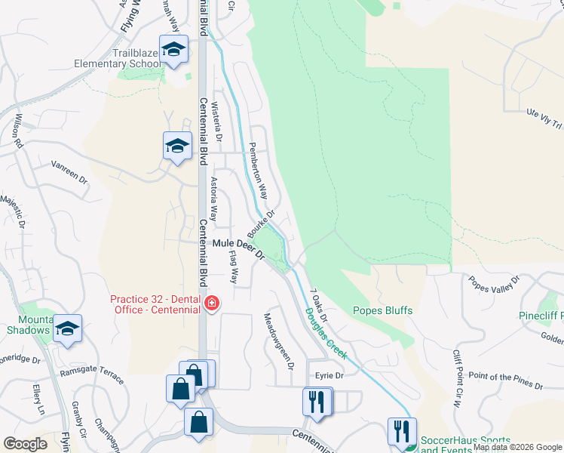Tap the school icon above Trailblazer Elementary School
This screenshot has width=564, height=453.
point(174,50)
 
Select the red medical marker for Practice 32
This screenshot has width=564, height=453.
point(212,304)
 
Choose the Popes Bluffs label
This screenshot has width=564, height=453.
point(382,310)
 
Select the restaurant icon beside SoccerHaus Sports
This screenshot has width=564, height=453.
point(400,433)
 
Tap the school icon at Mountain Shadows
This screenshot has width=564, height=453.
point(68,329)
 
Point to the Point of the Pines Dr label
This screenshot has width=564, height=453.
point(504,380)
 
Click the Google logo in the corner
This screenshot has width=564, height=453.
point(26,444)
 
